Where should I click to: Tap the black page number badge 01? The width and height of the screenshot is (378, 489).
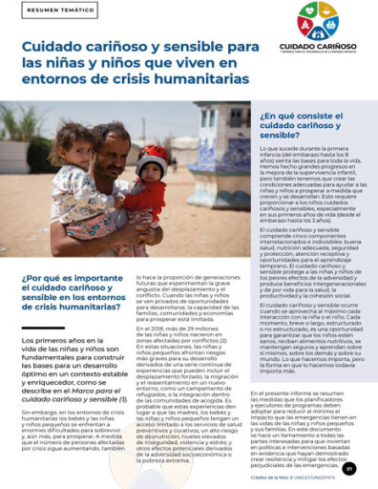349,467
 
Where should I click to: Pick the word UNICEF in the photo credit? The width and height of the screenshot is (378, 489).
315,478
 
